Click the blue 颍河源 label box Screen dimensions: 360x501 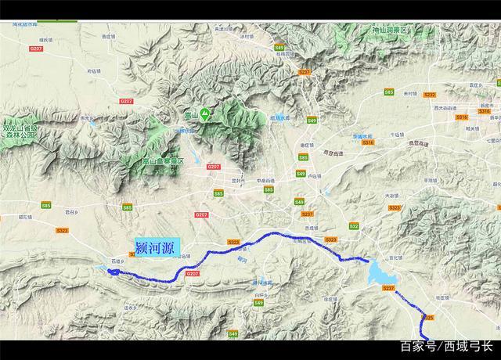[x=157, y=247]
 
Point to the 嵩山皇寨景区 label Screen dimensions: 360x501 [x=162, y=160]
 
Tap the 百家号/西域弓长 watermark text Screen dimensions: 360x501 [x=445, y=346]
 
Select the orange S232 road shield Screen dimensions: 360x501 [x=305, y=72]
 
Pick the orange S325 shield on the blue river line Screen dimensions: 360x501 [x=428, y=317]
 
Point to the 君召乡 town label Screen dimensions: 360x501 [x=73, y=211]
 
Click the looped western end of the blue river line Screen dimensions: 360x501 [x=113, y=272]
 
